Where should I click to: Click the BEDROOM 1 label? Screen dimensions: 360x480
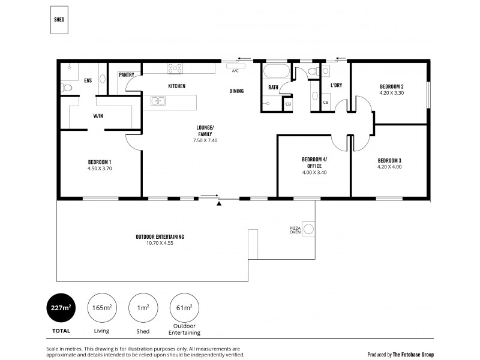tap(100, 162)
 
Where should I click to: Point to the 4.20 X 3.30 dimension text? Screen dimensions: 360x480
tap(391, 93)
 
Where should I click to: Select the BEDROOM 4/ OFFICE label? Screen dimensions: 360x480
tap(314, 163)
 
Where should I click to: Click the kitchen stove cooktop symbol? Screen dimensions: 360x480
tap(175, 68)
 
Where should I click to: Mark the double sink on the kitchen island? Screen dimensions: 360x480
tap(159, 101)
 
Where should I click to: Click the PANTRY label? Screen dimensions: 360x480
tap(127, 75)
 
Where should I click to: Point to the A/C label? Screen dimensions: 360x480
tap(235, 71)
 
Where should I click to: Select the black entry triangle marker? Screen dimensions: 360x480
tap(219, 204)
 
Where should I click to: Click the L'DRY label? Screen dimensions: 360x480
tap(336, 86)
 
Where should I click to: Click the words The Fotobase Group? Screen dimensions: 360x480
tap(414, 354)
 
